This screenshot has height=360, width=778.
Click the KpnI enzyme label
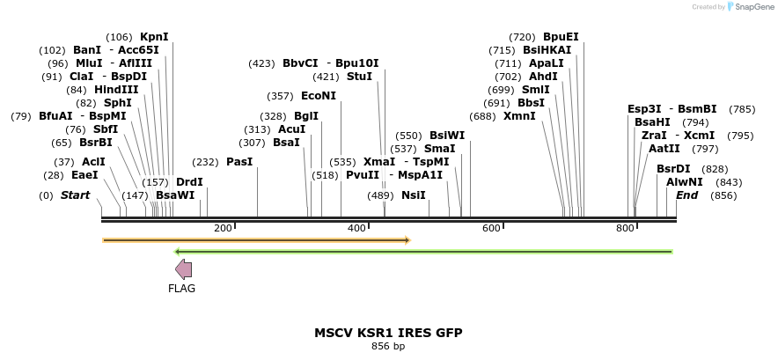point(154,37)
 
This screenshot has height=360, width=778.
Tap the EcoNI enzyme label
point(319,96)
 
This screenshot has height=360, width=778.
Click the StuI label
point(359,77)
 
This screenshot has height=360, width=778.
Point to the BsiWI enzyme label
point(447,136)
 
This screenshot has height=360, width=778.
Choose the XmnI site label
point(519,116)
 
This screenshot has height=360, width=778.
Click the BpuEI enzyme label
point(561,37)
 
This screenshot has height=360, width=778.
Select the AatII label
point(664,149)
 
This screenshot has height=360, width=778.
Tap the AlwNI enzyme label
point(684,182)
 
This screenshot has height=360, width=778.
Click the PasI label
point(239,162)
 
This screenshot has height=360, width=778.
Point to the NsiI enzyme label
point(413,195)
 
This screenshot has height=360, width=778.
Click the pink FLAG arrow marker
point(184,269)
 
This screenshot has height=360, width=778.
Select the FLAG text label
point(182,289)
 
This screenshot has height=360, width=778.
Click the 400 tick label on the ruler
point(356,229)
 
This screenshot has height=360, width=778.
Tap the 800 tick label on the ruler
point(625,229)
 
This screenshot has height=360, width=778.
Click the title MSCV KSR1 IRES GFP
point(388,333)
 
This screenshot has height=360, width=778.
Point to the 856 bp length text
point(388,347)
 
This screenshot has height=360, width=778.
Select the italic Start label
point(75,195)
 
